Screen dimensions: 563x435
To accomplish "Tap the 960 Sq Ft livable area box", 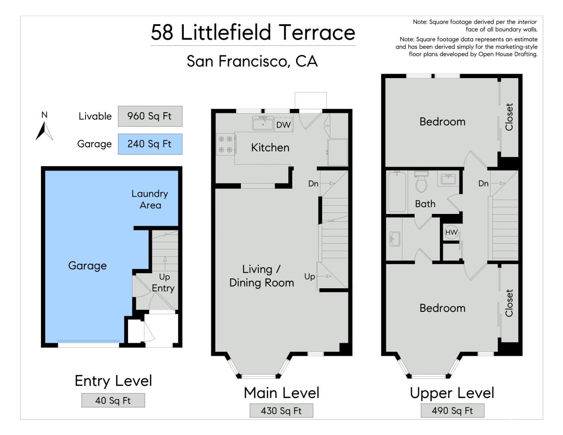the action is (150, 116).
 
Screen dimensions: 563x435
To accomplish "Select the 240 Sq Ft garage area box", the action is (150, 144).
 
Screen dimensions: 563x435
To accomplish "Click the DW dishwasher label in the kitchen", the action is (283, 125).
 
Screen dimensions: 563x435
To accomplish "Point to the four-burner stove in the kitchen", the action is (226, 144).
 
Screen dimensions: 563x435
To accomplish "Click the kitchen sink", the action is (263, 123).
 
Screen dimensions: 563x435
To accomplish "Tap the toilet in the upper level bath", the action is (421, 182).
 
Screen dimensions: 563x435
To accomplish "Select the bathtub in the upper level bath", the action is (397, 191).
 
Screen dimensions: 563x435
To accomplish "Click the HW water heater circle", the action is (451, 232).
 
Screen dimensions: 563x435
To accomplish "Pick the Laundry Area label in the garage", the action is (150, 199).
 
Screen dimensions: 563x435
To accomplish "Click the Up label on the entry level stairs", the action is (164, 277).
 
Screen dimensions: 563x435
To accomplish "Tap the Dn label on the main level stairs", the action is (313, 184).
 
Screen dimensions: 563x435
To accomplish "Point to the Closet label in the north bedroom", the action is (509, 117).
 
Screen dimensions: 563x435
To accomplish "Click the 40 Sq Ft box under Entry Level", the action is (113, 400).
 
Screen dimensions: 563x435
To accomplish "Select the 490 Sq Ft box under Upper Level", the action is (452, 411).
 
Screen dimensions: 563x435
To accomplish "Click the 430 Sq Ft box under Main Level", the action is (281, 411).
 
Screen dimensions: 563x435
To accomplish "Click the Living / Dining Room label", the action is (262, 276).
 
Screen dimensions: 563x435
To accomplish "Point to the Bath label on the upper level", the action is (425, 204).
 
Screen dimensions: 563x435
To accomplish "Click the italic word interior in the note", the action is (527, 22).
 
